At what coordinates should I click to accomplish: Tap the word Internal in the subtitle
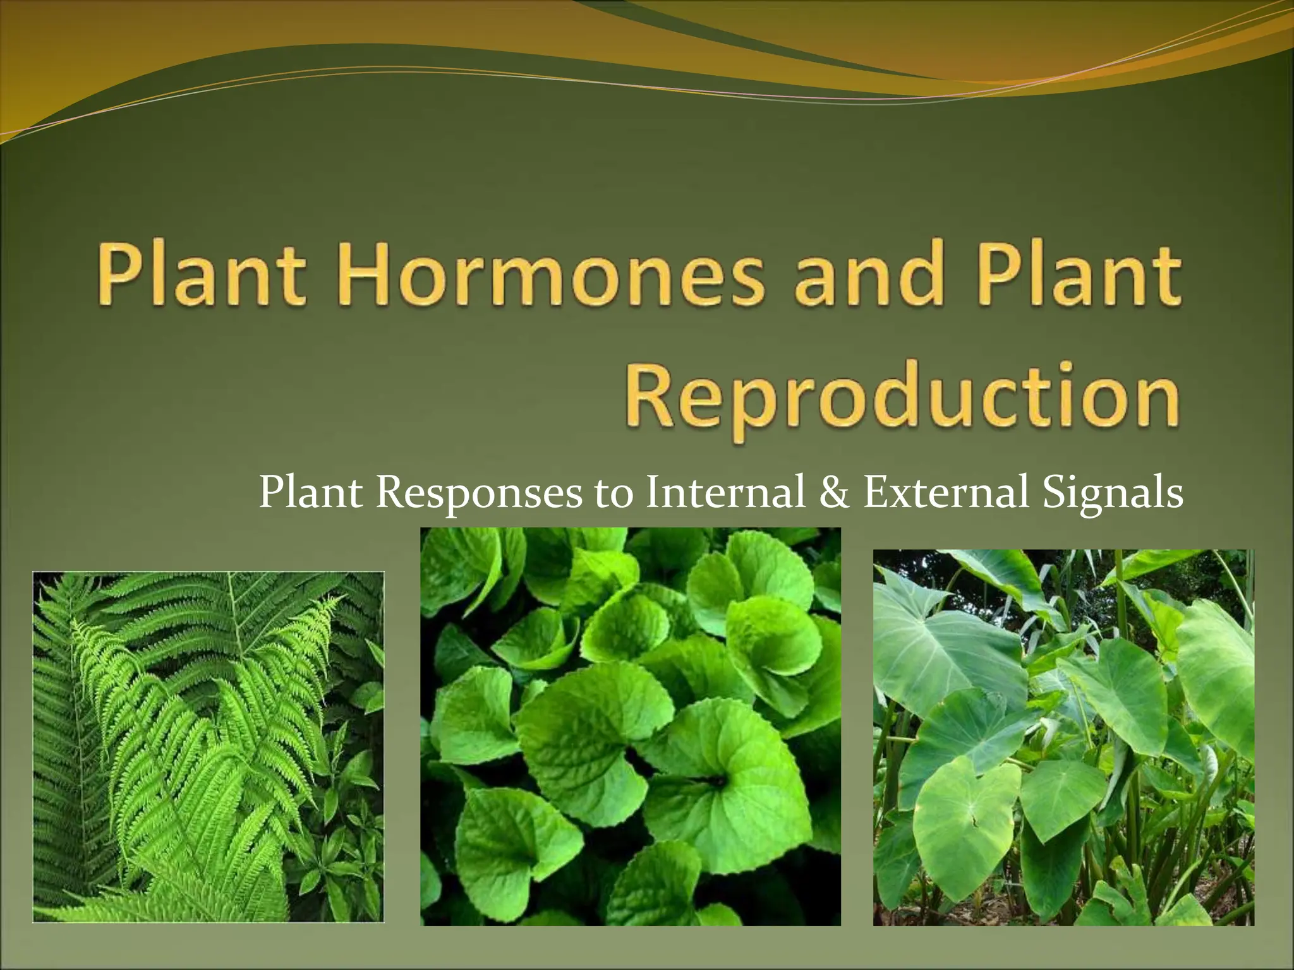click(x=725, y=493)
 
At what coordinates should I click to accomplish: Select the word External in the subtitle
click(x=946, y=493)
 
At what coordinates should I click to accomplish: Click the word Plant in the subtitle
click(x=310, y=493)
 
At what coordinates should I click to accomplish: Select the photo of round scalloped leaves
click(x=630, y=726)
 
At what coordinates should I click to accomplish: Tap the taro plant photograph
click(x=1063, y=737)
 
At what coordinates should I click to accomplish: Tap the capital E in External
click(x=876, y=493)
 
